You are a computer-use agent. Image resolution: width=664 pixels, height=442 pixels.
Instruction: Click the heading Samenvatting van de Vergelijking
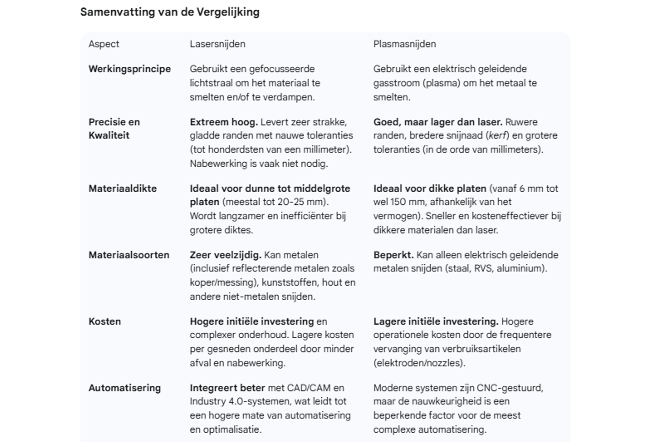click(170, 12)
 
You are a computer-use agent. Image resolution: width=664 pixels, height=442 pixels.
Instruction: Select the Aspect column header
click(104, 44)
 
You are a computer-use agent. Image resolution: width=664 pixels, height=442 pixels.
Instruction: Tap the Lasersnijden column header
click(217, 44)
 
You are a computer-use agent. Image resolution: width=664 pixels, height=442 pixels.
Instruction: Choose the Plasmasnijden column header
click(404, 44)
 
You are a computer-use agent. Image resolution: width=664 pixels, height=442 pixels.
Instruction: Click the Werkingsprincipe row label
click(129, 69)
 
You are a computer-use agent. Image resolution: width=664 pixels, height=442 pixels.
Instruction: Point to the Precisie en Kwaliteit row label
click(114, 128)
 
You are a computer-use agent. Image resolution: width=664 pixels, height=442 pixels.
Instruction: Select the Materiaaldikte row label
click(123, 188)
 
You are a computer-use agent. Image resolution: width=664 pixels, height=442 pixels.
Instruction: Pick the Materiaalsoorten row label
click(129, 255)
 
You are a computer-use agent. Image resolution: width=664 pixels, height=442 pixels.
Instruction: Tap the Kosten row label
click(105, 322)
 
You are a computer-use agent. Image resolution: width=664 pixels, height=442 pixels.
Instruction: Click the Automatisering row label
click(124, 388)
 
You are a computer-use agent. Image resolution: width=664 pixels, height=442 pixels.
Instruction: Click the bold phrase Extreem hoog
click(224, 122)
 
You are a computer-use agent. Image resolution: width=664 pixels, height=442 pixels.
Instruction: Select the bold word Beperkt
click(393, 255)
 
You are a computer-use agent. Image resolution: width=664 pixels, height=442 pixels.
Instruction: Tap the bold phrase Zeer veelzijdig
click(225, 255)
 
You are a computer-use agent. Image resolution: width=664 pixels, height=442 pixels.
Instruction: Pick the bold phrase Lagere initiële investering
click(436, 322)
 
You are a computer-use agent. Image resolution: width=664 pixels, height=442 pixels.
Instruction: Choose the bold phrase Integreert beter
click(227, 388)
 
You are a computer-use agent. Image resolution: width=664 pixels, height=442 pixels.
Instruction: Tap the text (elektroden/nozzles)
click(419, 363)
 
